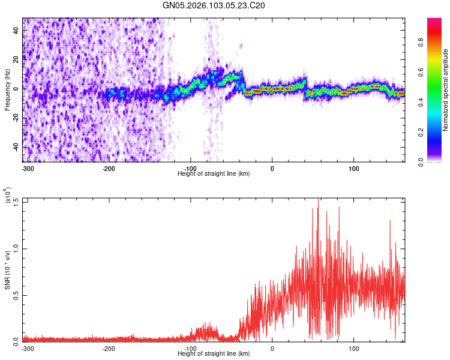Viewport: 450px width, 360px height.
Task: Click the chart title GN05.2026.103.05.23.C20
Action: [x=223, y=5]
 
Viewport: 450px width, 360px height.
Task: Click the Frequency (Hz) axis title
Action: [x=7, y=89]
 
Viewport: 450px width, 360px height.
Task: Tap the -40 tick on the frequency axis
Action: [x=15, y=147]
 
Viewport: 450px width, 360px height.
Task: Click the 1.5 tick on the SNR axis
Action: [x=16, y=200]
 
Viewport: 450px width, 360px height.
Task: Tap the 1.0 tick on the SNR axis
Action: [x=16, y=247]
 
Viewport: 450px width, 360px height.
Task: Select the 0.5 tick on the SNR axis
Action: [x=16, y=294]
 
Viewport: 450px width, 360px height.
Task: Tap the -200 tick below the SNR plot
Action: [x=109, y=349]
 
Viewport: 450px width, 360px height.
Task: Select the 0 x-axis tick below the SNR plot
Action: [x=272, y=349]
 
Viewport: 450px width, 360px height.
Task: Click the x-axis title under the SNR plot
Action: [x=214, y=355]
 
